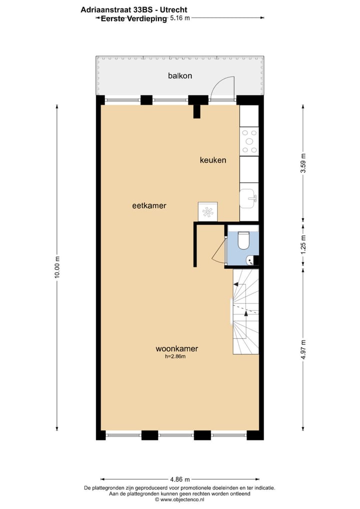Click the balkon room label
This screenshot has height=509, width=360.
[x=180, y=76]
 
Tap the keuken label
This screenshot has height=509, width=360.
[x=213, y=160]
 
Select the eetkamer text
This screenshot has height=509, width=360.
[x=149, y=205]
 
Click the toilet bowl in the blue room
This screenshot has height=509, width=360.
[x=243, y=240]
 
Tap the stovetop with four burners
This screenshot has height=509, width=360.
[x=249, y=141]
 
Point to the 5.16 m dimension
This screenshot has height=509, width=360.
[x=180, y=18]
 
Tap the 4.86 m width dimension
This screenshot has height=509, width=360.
[x=180, y=478]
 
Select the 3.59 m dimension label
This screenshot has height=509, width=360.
[x=303, y=163]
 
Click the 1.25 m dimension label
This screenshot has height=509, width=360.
[x=303, y=245]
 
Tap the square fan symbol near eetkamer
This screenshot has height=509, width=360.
[x=207, y=211]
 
